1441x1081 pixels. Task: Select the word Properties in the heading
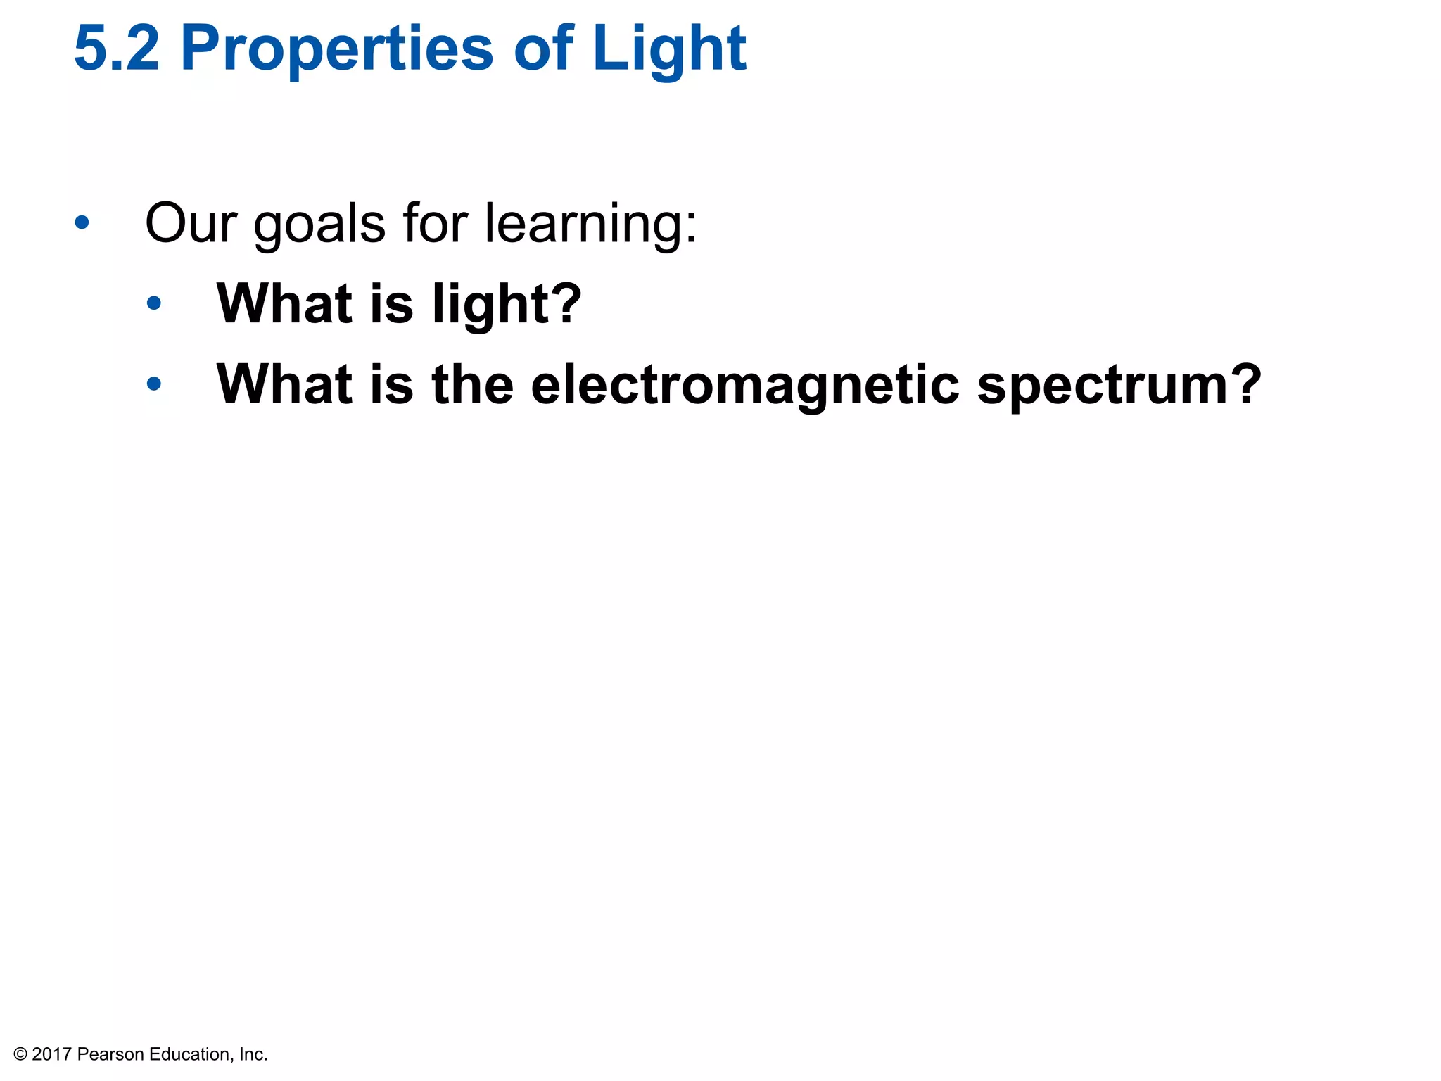337,49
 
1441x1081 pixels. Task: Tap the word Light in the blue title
668,49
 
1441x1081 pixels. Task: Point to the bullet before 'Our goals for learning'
82,223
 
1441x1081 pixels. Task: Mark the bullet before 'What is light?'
154,304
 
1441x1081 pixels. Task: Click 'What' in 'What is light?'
284,303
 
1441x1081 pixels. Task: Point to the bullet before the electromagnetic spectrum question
154,384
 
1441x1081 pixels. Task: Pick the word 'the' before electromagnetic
473,384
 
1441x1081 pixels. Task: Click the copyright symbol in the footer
20,1054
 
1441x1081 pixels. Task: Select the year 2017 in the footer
52,1054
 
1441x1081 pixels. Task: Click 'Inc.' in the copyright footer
253,1054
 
